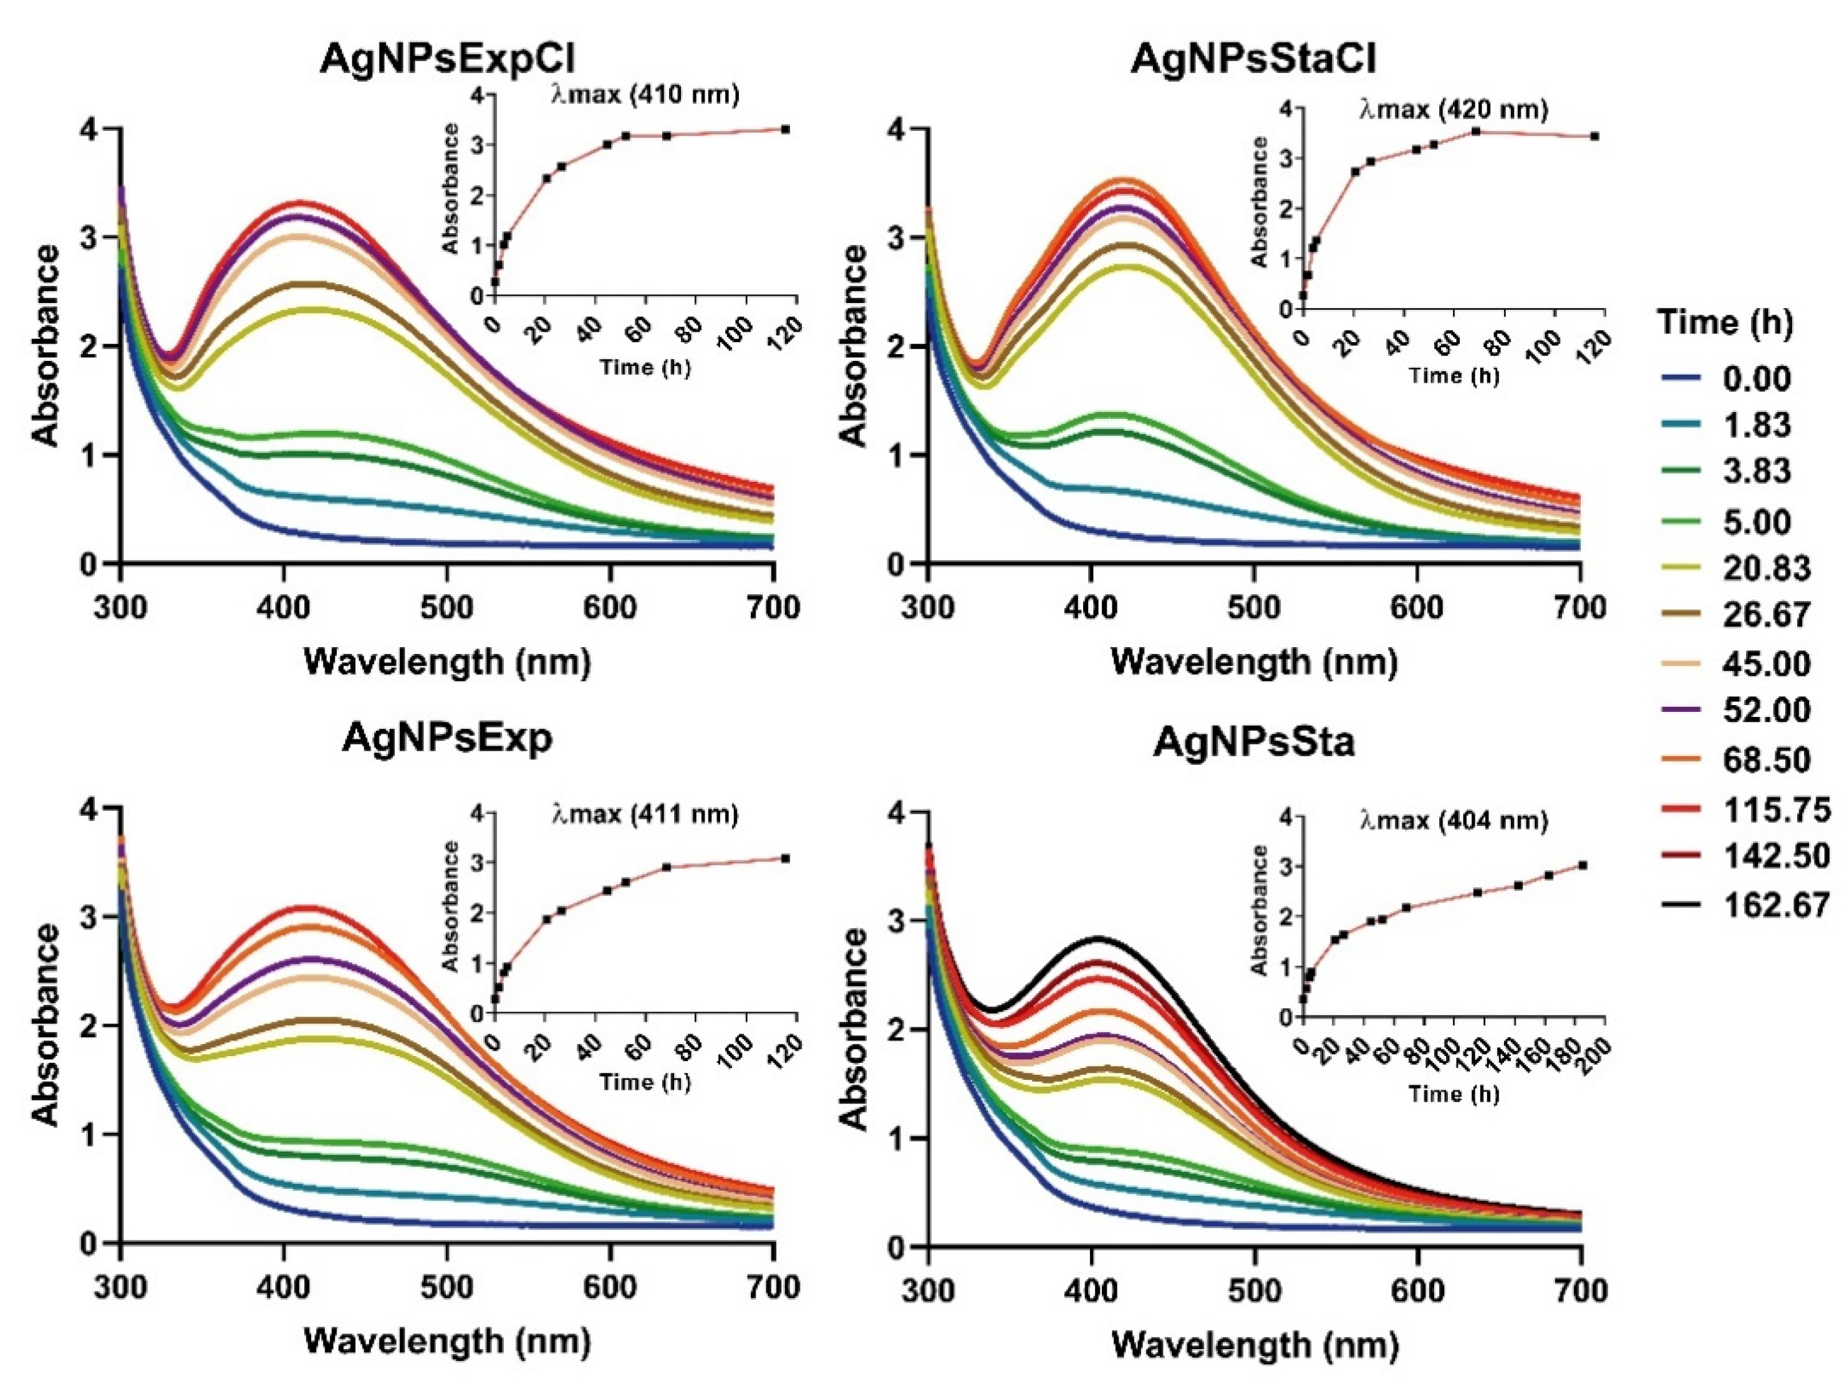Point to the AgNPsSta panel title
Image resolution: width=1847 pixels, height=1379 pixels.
1253,742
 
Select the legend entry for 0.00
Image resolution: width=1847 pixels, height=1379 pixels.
1757,378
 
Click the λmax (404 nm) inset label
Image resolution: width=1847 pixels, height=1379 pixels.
1453,820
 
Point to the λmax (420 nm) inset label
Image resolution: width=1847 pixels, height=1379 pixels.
1453,109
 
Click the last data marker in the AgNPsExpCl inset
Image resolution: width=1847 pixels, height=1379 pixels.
786,130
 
